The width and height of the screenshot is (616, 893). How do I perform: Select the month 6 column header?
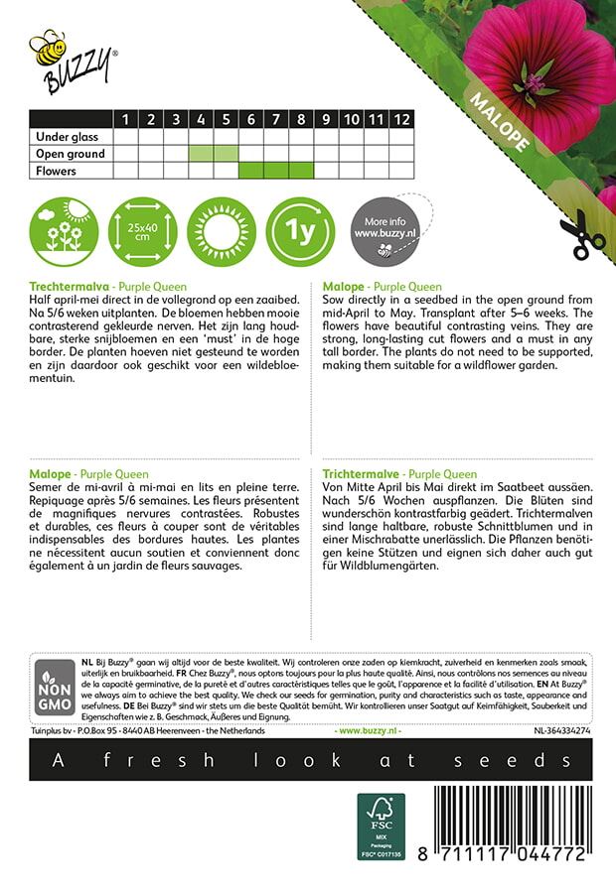point(251,119)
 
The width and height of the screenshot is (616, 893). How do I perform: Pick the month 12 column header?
point(401,119)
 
